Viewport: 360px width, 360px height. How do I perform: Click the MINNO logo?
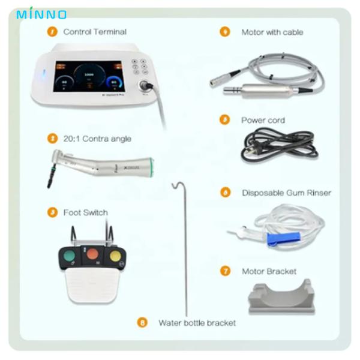point(41,13)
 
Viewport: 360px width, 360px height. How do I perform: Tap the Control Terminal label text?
point(95,32)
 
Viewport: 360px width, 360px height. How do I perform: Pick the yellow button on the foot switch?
point(114,257)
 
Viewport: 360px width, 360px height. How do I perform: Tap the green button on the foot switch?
point(70,257)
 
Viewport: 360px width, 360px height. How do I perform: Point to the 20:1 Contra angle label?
point(97,139)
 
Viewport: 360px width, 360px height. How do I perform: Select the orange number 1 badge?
point(53,31)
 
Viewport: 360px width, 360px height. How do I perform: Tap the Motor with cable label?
point(272,32)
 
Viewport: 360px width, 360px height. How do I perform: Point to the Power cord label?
point(263,120)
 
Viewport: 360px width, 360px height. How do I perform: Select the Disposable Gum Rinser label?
point(286,193)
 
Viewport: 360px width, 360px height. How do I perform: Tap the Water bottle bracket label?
point(197,323)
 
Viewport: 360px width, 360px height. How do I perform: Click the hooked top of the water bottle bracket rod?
point(175,184)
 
